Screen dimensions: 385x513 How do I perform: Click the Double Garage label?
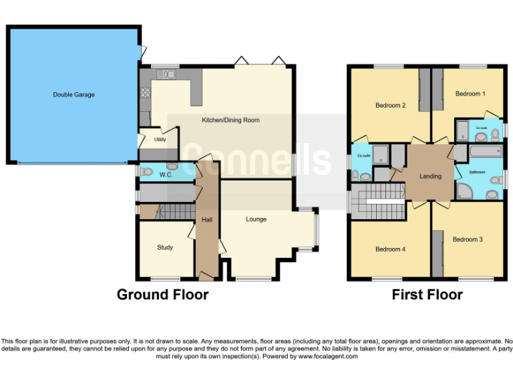73,95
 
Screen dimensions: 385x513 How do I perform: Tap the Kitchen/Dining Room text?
230,120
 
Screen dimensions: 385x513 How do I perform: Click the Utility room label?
160,140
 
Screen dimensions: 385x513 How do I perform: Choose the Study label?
165,247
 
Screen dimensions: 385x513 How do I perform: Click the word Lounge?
256,219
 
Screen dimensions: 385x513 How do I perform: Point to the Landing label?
430,176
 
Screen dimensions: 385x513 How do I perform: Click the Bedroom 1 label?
470,94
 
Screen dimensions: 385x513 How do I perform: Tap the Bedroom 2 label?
390,105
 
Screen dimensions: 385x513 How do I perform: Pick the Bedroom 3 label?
467,239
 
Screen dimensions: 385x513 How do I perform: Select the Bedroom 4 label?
390,249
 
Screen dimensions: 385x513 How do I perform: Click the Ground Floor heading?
162,294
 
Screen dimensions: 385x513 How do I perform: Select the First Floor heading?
427,294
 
